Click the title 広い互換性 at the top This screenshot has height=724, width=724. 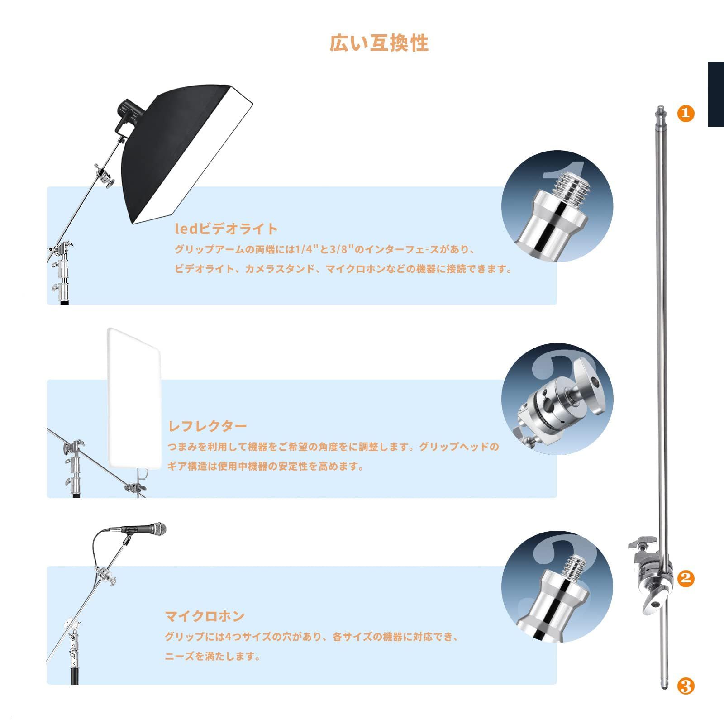click(379, 43)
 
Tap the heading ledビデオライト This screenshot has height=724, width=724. click(226, 229)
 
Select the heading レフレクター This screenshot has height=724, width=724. click(208, 426)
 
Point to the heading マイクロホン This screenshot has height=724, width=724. click(205, 616)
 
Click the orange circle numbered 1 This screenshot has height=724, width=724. click(686, 113)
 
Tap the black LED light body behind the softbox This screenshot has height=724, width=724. click(128, 113)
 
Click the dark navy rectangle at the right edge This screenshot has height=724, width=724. click(716, 94)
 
